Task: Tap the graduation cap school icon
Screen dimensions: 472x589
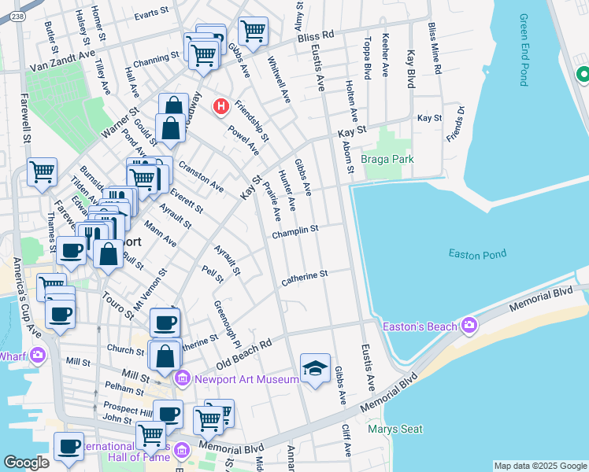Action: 315,368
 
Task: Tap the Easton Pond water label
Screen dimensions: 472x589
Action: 476,253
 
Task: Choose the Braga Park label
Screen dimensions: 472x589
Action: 387,159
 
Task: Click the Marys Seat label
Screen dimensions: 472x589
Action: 395,429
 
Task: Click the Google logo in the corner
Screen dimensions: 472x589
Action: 26,462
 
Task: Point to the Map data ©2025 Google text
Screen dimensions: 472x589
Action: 540,466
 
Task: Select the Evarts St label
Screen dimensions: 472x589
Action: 151,14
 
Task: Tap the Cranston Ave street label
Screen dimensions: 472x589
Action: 202,177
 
